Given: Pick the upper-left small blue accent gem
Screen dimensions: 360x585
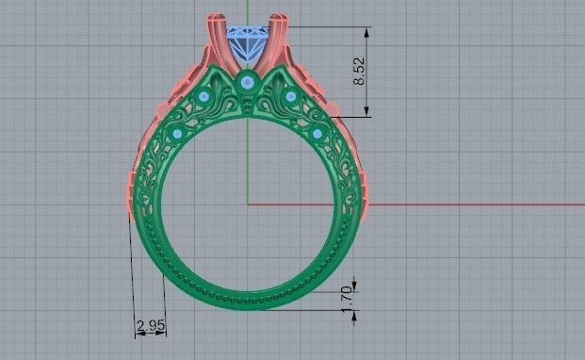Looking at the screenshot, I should pyautogui.click(x=204, y=97).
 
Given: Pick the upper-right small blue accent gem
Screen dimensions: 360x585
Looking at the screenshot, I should pyautogui.click(x=290, y=96).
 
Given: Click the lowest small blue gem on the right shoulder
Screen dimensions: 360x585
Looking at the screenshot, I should pyautogui.click(x=317, y=133).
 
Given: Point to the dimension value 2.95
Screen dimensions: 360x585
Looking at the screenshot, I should pyautogui.click(x=150, y=326).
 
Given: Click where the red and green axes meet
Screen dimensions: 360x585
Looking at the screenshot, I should pyautogui.click(x=248, y=204).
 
